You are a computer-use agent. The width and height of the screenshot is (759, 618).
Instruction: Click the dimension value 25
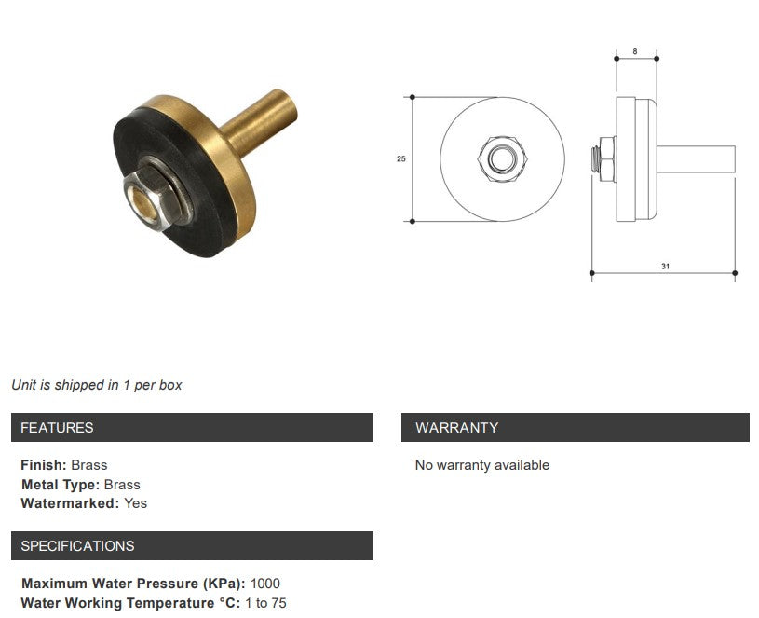(x=401, y=158)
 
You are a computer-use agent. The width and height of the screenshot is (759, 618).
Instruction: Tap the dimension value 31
(x=665, y=267)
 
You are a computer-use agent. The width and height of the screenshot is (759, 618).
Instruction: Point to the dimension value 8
(x=635, y=51)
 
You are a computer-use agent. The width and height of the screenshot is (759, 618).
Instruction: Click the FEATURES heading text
(x=57, y=428)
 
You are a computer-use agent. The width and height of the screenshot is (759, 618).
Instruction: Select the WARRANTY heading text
(x=456, y=428)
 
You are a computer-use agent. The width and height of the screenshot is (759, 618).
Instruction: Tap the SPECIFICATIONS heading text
(x=77, y=546)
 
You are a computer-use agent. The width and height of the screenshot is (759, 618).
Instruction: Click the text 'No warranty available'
(x=481, y=465)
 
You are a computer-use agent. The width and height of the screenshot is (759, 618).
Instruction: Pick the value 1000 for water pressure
(x=265, y=584)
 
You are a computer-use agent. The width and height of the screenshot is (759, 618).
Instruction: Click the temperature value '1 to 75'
(x=265, y=604)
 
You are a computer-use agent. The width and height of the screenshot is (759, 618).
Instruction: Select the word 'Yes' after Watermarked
(x=135, y=503)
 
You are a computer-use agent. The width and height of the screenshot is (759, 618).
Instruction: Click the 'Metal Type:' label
(x=61, y=485)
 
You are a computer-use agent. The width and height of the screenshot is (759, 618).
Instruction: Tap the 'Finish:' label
(x=44, y=465)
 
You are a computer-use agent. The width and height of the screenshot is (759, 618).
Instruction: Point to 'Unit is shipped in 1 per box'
(x=97, y=385)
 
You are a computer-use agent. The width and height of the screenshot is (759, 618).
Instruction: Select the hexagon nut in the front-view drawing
(x=502, y=158)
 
